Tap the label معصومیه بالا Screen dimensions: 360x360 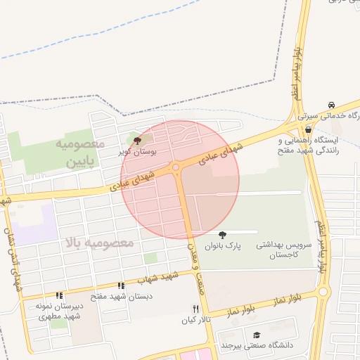point(99,243)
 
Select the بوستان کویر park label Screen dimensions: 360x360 point(137,151)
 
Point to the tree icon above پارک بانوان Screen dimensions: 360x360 point(223,235)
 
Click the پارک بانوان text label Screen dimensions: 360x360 point(223,247)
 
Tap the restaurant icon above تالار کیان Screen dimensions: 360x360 point(196,309)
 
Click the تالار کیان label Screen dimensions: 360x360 point(197,321)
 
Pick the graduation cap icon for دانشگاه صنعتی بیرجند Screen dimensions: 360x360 point(257,334)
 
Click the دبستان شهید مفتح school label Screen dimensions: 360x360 point(121,297)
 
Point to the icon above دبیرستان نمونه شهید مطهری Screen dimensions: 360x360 point(60,296)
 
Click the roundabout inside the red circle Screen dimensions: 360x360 point(176,167)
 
